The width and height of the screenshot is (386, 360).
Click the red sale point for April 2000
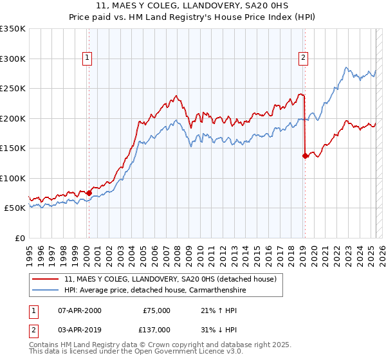[89, 193]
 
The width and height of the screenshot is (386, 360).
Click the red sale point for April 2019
[305, 155]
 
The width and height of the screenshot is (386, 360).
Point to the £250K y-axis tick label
[13, 88]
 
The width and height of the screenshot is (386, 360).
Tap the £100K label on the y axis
[13, 178]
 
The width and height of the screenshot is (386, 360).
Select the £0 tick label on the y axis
[20, 238]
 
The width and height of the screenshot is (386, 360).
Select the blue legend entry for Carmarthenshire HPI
[155, 291]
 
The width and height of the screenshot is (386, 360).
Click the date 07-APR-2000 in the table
[79, 310]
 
